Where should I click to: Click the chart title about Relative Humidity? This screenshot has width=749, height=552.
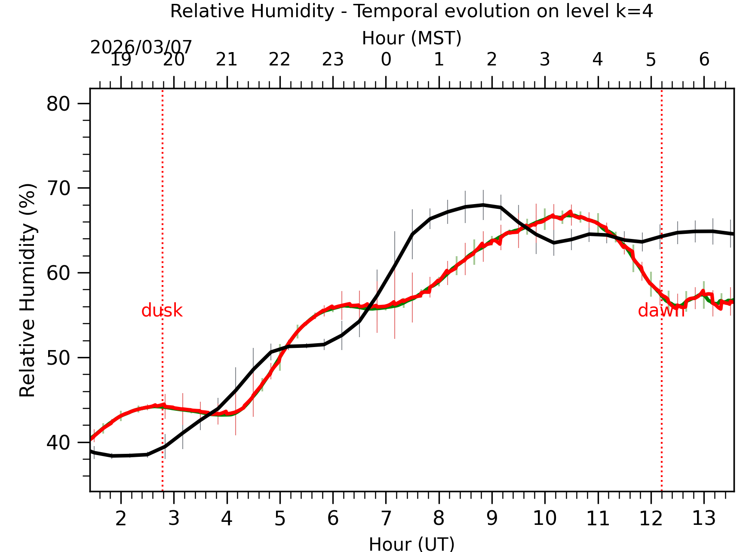pyautogui.click(x=411, y=11)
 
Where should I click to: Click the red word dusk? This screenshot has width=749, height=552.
pyautogui.click(x=162, y=310)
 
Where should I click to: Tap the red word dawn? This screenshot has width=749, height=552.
pyautogui.click(x=660, y=310)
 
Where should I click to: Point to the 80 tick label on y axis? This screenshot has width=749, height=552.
pyautogui.click(x=58, y=104)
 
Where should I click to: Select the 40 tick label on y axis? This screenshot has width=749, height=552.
pyautogui.click(x=58, y=443)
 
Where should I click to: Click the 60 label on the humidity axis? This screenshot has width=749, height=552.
pyautogui.click(x=58, y=273)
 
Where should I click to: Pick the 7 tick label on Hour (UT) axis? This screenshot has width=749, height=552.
pyautogui.click(x=386, y=518)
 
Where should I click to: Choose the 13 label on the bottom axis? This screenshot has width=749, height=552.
pyautogui.click(x=703, y=518)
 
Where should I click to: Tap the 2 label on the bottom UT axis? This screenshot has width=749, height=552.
pyautogui.click(x=121, y=518)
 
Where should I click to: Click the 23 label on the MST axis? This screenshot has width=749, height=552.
pyautogui.click(x=333, y=59)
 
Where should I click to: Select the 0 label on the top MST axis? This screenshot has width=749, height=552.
pyautogui.click(x=386, y=59)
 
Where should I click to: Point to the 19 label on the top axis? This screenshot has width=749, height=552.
pyautogui.click(x=121, y=59)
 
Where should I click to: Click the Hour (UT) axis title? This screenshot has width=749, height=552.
pyautogui.click(x=411, y=544)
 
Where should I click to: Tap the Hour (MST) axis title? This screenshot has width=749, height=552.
pyautogui.click(x=411, y=38)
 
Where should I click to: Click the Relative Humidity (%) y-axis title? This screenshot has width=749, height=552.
pyautogui.click(x=28, y=290)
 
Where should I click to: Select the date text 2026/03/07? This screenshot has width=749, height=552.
pyautogui.click(x=141, y=47)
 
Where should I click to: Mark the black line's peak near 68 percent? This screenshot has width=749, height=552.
pyautogui.click(x=483, y=205)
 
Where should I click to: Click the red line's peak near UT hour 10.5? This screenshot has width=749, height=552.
pyautogui.click(x=571, y=211)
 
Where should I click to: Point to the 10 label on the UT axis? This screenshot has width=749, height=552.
pyautogui.click(x=545, y=518)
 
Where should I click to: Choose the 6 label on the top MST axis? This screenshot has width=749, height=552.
pyautogui.click(x=704, y=59)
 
